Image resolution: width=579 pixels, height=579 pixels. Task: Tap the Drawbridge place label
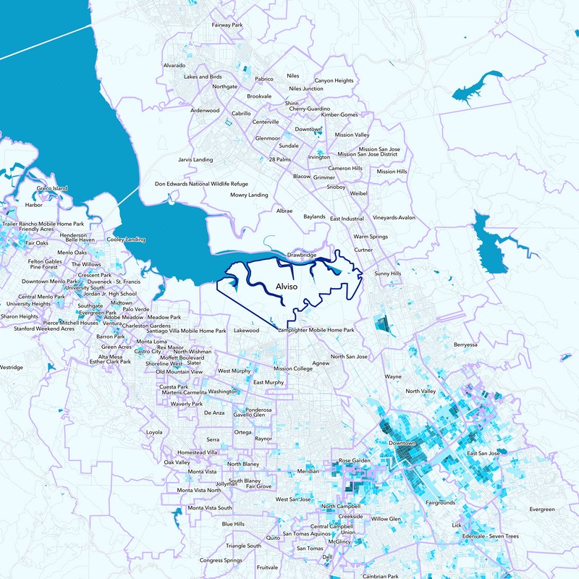click(x=303, y=255)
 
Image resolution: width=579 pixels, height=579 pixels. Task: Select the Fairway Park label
click(x=226, y=25)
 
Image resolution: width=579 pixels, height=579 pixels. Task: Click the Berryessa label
click(x=466, y=345)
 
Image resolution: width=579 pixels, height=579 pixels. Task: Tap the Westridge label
click(x=11, y=367)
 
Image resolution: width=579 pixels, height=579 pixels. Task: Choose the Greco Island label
click(x=52, y=188)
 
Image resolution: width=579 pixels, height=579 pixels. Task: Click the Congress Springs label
click(x=221, y=560)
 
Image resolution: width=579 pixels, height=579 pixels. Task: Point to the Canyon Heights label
click(x=334, y=80)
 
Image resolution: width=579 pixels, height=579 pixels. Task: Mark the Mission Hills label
click(x=392, y=172)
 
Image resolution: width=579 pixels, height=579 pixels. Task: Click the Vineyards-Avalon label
click(x=394, y=217)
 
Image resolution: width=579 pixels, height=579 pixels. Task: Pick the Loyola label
click(x=155, y=432)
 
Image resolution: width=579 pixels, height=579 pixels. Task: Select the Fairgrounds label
click(x=441, y=502)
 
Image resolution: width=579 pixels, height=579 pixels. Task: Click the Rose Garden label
click(x=355, y=460)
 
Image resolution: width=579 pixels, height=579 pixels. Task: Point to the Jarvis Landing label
click(x=196, y=159)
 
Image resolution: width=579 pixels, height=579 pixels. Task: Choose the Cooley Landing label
click(x=126, y=240)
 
